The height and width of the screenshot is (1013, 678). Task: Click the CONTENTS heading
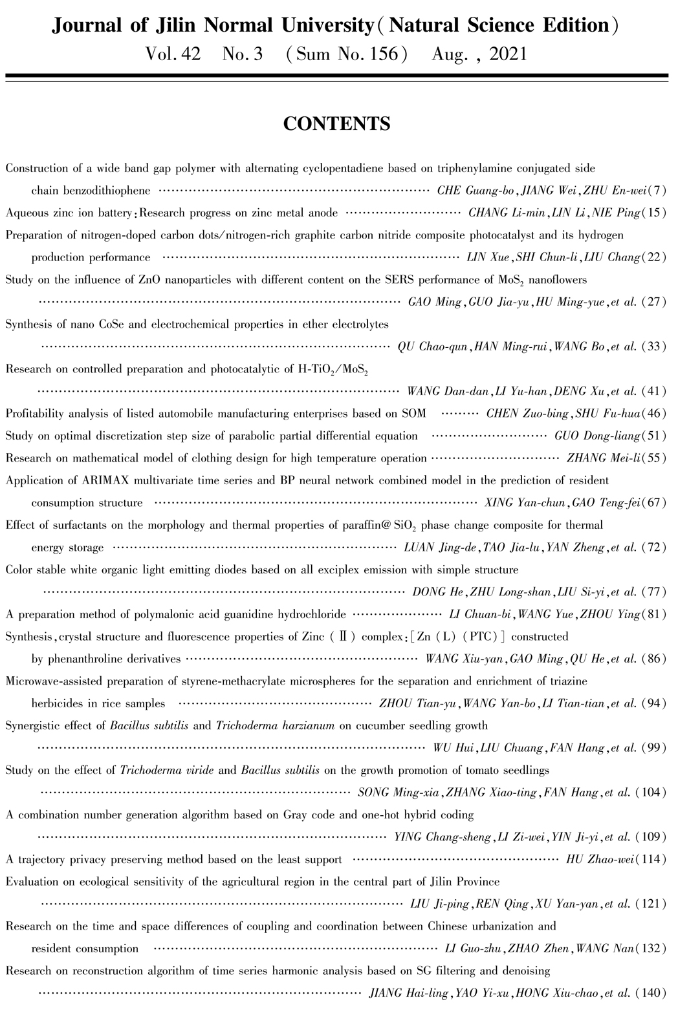(x=336, y=123)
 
